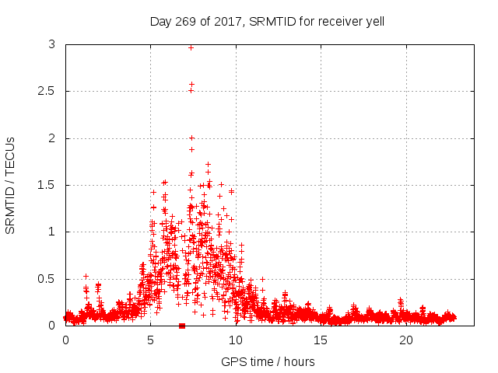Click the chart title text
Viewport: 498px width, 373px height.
point(267,22)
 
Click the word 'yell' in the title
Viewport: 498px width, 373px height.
point(373,22)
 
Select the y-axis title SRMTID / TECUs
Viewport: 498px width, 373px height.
point(11,186)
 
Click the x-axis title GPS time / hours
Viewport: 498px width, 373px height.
point(268,361)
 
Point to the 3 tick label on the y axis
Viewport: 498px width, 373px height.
point(51,45)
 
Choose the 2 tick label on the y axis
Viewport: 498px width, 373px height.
point(51,138)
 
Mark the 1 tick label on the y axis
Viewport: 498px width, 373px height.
point(51,232)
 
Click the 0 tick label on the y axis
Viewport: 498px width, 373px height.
point(51,326)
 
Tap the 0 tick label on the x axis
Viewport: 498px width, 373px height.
point(65,340)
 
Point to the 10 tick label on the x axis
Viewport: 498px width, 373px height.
point(236,340)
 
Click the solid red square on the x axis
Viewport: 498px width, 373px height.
point(182,326)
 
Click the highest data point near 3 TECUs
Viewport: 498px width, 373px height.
point(191,47)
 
